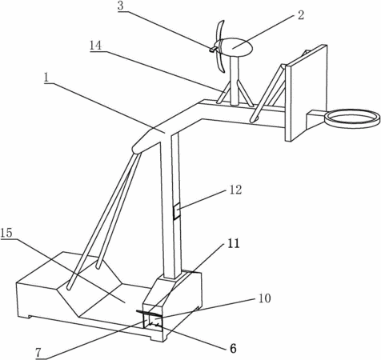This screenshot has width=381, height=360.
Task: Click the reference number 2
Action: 301,15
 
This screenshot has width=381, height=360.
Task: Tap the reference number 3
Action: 121,6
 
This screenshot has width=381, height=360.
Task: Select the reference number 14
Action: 95,46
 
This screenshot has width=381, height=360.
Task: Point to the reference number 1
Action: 46,78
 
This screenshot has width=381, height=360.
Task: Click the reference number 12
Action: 235,190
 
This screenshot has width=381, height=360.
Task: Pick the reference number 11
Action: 234,243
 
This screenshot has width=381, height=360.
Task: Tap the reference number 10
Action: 265,298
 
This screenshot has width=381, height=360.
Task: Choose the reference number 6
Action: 233,348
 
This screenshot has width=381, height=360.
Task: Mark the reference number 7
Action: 38,353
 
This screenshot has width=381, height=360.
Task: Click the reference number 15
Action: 6,233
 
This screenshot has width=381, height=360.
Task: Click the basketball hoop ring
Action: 352,118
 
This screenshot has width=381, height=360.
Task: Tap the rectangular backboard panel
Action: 306,94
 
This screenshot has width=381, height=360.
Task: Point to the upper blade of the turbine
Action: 220,30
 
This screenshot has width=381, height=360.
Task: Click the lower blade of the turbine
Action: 222,62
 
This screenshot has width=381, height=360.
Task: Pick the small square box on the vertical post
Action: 176,212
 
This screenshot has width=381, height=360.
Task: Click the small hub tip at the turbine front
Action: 213,49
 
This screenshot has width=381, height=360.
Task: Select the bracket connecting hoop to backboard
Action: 316,118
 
